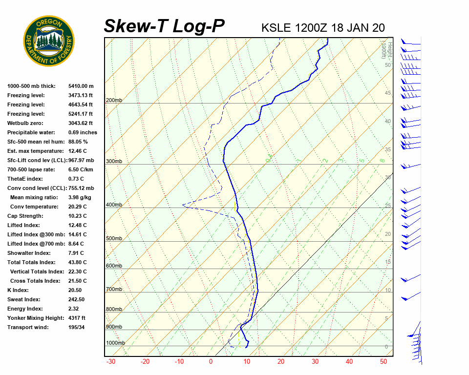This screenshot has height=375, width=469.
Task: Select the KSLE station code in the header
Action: click(x=277, y=27)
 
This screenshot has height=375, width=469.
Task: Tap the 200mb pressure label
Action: click(x=114, y=101)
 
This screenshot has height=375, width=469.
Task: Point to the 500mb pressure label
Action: click(x=114, y=239)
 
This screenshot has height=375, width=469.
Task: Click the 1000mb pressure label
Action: click(x=115, y=343)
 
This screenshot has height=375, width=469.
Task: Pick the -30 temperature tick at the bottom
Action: click(x=111, y=362)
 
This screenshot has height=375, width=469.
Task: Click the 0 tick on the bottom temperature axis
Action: click(x=211, y=362)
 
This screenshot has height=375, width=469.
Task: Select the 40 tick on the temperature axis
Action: click(x=349, y=362)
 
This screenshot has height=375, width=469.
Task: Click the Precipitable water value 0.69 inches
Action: click(x=83, y=132)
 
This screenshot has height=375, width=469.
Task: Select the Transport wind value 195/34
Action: click(x=77, y=327)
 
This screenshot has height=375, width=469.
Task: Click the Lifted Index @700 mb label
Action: click(x=36, y=244)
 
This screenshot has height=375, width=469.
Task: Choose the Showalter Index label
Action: click(x=29, y=253)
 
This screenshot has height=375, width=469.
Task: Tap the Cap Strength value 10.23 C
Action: click(x=78, y=216)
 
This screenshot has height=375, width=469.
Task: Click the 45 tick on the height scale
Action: click(x=388, y=93)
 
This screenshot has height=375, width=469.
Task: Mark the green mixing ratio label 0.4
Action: click(x=269, y=159)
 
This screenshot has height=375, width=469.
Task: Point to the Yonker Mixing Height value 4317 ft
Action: click(x=77, y=318)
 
